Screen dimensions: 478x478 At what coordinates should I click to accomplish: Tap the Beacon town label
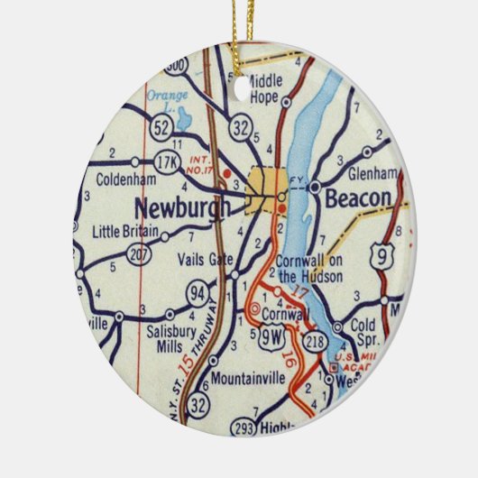358,198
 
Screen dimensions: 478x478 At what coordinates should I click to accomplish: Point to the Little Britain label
126,232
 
